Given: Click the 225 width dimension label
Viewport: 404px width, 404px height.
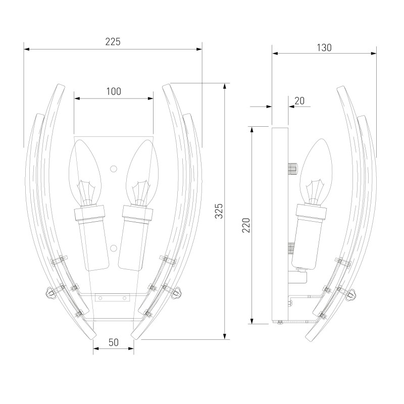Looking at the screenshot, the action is pyautogui.click(x=113, y=41).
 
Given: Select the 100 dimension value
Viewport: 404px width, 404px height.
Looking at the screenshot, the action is pyautogui.click(x=114, y=91).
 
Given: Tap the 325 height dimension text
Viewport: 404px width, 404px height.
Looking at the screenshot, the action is pyautogui.click(x=219, y=211).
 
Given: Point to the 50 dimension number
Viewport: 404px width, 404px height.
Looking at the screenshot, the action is pyautogui.click(x=114, y=342).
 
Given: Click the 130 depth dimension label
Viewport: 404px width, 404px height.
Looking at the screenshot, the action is pyautogui.click(x=324, y=47).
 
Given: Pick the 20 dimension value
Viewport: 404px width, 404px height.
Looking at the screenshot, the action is pyautogui.click(x=299, y=100).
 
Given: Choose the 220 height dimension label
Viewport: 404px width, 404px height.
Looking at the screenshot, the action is pyautogui.click(x=246, y=225).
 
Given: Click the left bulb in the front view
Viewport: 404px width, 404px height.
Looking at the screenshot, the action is pyautogui.click(x=85, y=172).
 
